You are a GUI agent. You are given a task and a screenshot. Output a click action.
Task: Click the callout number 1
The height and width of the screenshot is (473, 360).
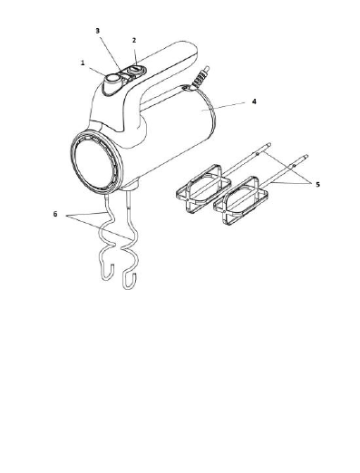pos(83,63)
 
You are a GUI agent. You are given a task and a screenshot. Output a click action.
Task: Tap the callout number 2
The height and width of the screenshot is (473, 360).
pos(134,40)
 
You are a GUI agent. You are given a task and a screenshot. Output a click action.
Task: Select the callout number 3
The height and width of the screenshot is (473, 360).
pos(98,31)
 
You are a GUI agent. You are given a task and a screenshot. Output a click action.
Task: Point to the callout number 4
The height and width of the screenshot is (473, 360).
pos(254,101)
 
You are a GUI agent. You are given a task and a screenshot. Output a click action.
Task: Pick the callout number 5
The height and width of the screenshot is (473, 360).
pos(317,184)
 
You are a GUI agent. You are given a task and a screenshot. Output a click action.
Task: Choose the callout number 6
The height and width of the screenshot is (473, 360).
pos(55,214)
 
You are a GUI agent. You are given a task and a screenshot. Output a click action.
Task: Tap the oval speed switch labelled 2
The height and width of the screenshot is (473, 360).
pos(134,71)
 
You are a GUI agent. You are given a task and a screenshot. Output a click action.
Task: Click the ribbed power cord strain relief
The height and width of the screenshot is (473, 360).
pos(201,76)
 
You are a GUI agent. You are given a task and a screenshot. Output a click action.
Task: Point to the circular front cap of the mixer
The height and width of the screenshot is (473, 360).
pos(95,162)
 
